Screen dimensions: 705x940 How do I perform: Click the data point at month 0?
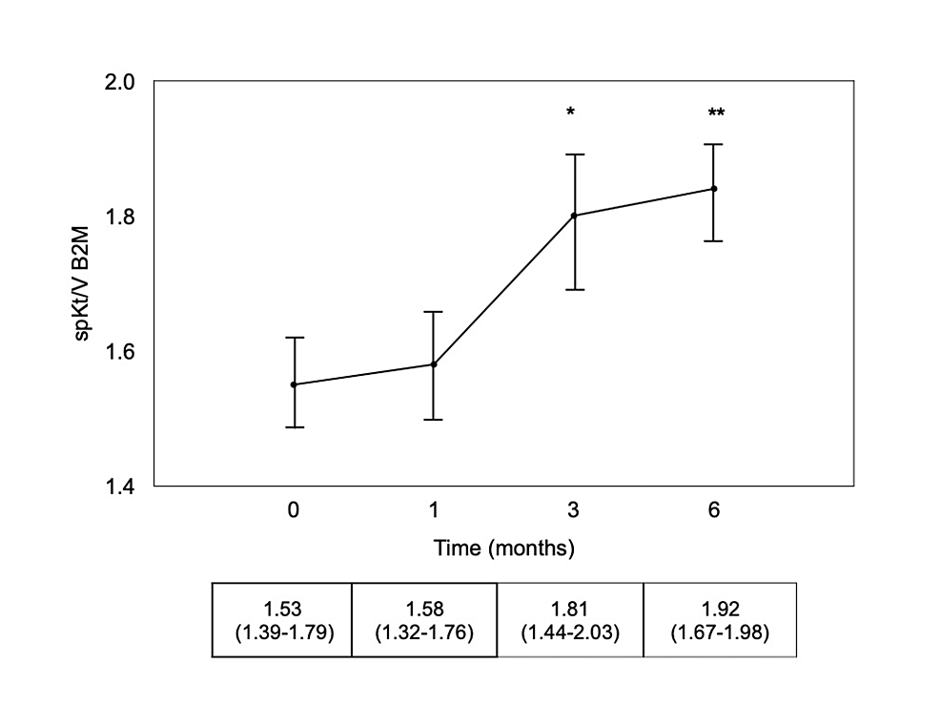(294, 384)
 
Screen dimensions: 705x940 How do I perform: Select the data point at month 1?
(434, 363)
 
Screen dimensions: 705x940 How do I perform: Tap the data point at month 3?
(574, 216)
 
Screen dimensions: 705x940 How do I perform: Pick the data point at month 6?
(714, 188)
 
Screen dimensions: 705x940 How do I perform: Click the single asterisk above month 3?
(570, 114)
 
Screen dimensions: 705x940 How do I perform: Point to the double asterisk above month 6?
(716, 114)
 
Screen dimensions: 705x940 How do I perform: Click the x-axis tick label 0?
(294, 511)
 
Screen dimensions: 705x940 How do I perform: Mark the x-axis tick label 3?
(574, 511)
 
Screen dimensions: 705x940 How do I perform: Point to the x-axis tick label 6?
(714, 511)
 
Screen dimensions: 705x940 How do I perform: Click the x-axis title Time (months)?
(504, 549)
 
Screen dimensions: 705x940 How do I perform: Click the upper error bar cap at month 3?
(574, 154)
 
